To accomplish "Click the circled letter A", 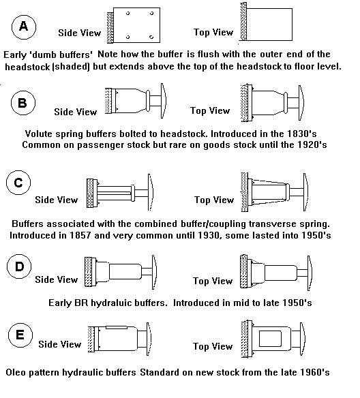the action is [x=24, y=27].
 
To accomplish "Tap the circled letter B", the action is [x=23, y=103].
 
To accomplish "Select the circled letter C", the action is [x=18, y=183].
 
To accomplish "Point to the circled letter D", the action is [x=19, y=266].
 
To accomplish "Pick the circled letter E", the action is [x=20, y=335].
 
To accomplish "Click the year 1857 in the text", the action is [x=80, y=235].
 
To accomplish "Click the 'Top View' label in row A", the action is [x=213, y=32].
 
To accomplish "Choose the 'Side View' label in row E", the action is [x=60, y=344].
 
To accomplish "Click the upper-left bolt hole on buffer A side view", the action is [x=127, y=13].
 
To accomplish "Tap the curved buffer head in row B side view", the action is [x=164, y=101].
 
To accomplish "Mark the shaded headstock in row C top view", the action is [x=245, y=192].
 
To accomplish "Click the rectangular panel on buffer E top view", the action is [x=270, y=339].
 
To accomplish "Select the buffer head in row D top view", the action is [x=310, y=273].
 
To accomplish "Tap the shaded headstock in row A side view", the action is [x=110, y=28].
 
